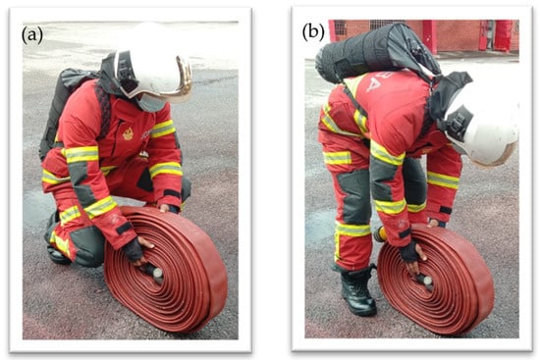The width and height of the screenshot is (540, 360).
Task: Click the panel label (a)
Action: click(x=32, y=35)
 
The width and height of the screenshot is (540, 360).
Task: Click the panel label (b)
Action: click(x=313, y=33)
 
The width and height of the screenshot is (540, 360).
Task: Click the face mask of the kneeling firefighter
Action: click(x=151, y=103)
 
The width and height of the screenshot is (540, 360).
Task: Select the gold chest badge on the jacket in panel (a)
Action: click(x=128, y=133)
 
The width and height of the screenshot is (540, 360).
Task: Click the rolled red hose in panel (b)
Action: click(x=437, y=279)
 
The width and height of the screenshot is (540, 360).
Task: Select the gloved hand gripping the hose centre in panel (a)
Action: click(x=137, y=250)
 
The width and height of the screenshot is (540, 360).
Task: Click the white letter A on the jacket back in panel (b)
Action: click(x=373, y=83)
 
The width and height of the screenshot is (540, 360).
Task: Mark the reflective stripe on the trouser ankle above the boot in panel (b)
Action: click(x=353, y=230)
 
